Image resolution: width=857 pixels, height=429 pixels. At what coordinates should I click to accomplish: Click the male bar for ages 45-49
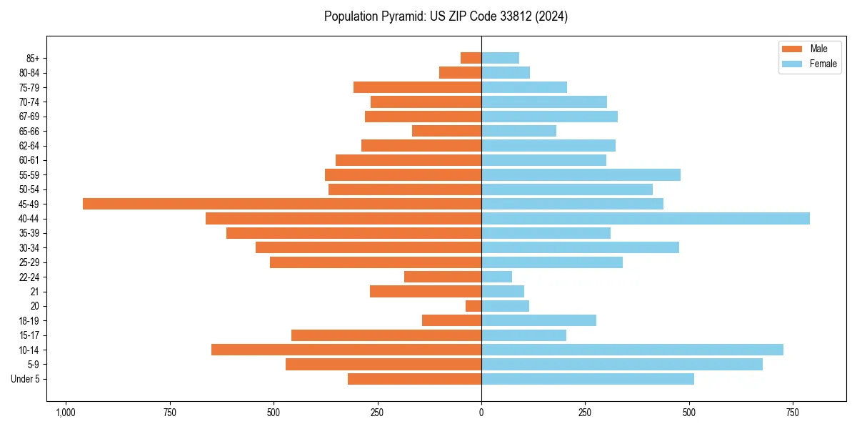[282, 204]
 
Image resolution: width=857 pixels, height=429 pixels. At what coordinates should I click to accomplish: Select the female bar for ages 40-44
[646, 219]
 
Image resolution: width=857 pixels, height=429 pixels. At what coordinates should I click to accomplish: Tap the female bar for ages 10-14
[632, 350]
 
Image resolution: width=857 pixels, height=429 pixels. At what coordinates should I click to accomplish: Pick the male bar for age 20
[473, 306]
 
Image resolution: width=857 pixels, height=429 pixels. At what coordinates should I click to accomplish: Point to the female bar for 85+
[500, 58]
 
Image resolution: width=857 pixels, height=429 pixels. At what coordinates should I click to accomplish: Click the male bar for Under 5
[414, 379]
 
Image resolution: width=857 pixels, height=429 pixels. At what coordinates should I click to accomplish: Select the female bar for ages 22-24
[496, 277]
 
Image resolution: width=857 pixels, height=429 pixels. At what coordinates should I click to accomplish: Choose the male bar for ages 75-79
[417, 87]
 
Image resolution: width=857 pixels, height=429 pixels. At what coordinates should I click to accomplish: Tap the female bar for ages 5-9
[622, 365]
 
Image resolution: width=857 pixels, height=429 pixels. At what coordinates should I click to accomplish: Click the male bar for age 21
[426, 292]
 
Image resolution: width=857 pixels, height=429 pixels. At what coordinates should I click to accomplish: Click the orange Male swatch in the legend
[792, 49]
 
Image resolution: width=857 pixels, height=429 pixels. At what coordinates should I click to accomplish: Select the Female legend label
[823, 64]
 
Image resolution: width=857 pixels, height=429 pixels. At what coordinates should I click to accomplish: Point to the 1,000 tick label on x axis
[66, 413]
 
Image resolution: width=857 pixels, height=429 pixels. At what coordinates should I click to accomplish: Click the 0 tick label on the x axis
[481, 413]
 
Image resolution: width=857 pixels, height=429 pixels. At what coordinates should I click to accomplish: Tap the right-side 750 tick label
[793, 413]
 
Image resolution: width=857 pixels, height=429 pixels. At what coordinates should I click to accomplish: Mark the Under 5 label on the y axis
[25, 379]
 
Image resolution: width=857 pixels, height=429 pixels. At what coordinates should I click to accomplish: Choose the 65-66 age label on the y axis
[29, 131]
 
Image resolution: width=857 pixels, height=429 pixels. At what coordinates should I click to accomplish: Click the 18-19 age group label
[29, 321]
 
